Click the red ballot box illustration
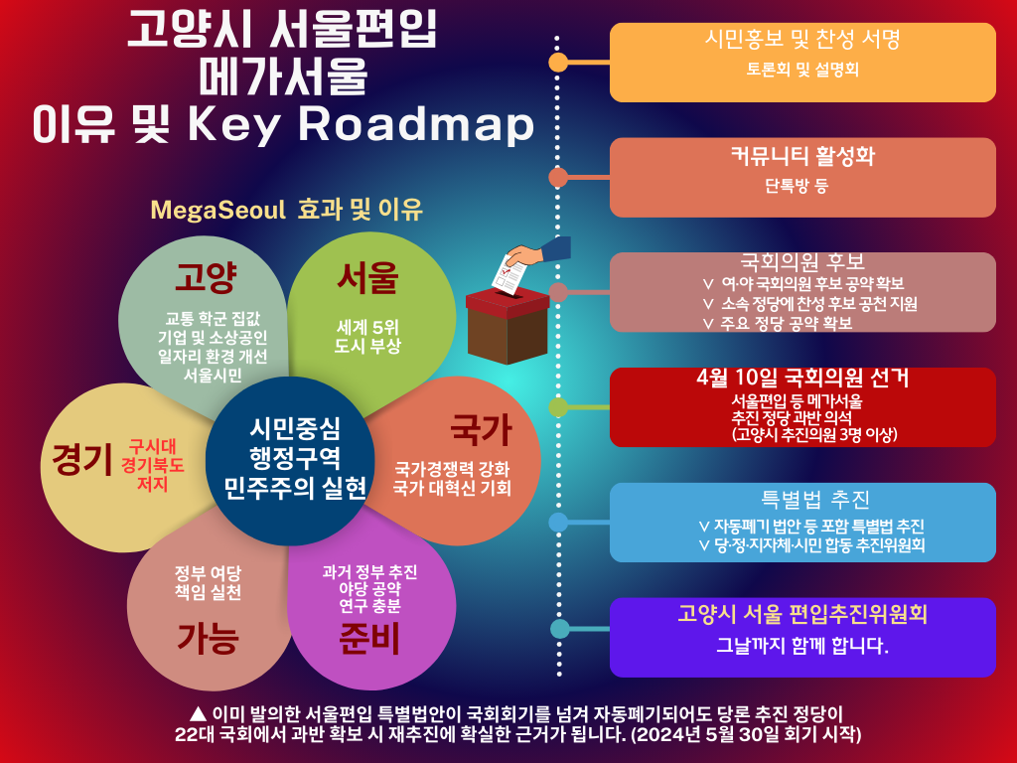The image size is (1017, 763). tap(508, 326)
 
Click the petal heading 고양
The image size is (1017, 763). tap(206, 278)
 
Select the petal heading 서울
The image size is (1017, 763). tap(367, 278)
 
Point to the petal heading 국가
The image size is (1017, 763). tap(482, 429)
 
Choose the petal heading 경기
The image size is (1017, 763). tap(82, 459)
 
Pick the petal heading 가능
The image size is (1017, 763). tap(209, 638)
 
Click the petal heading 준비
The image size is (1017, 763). tap(369, 639)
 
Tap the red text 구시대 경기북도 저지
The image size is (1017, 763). tap(152, 465)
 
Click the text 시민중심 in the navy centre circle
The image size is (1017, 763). tap(295, 428)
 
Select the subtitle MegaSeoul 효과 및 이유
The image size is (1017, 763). tap(286, 210)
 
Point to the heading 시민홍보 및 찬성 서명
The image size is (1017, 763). tap(802, 39)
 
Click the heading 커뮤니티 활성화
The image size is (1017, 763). tap(802, 156)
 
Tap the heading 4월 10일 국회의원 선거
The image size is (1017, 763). tap(802, 377)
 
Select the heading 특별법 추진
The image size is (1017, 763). tap(814, 500)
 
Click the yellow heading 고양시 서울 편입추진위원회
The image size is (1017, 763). tap(802, 614)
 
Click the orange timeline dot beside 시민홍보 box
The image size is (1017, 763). tap(558, 63)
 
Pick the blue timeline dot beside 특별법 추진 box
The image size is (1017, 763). tap(558, 523)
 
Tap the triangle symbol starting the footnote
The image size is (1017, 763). tap(198, 714)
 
